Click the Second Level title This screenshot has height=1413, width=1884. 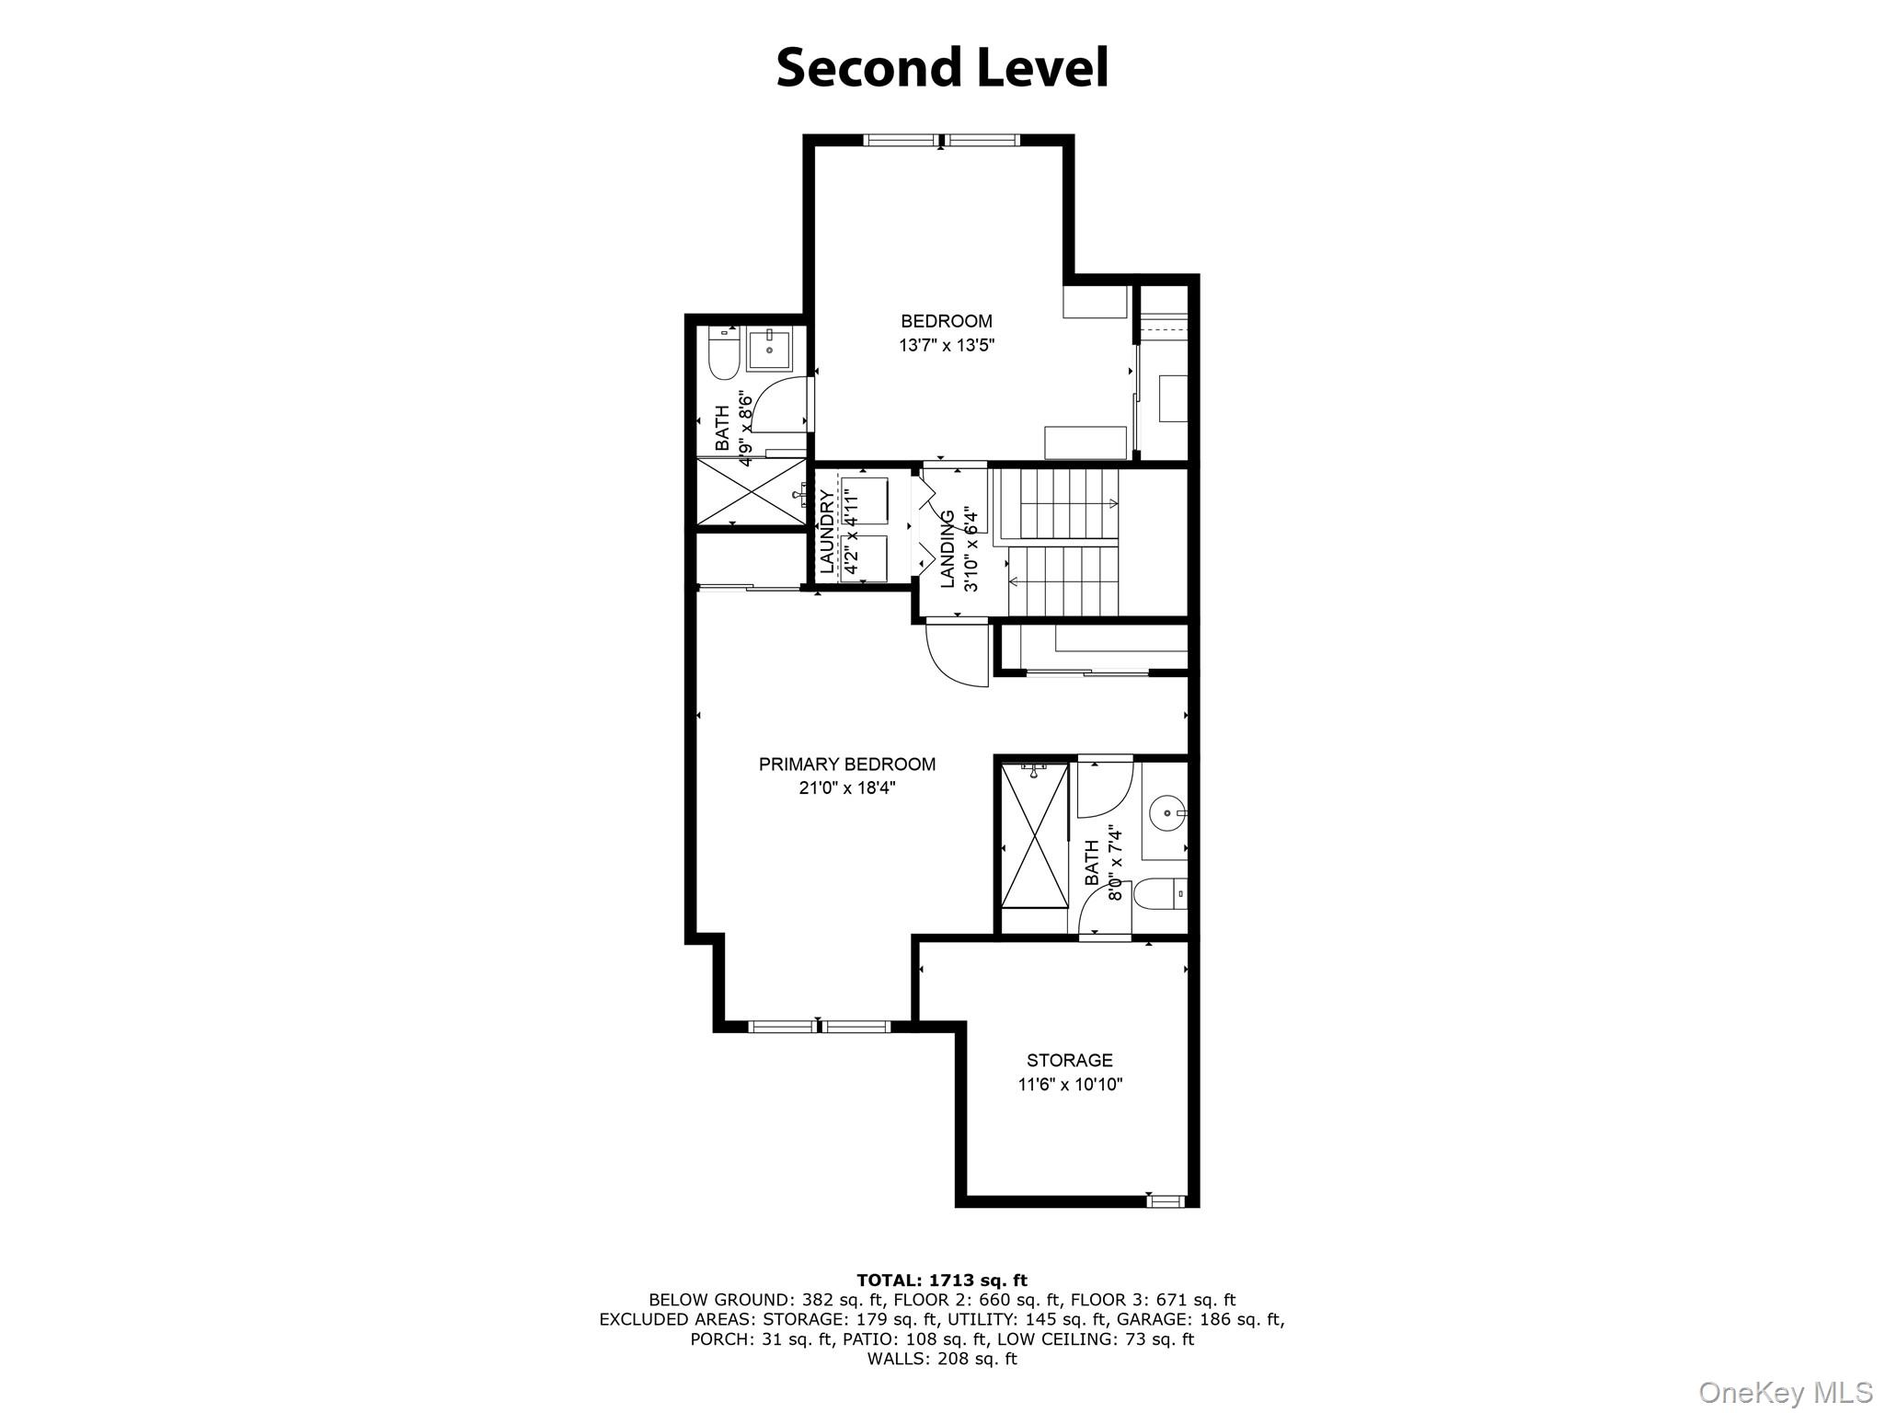pyautogui.click(x=942, y=68)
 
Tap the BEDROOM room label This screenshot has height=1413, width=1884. pyautogui.click(x=947, y=321)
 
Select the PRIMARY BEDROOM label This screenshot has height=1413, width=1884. pyautogui.click(x=846, y=764)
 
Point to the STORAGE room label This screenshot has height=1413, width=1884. pyautogui.click(x=1069, y=1060)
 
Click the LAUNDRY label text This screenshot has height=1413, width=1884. pyautogui.click(x=827, y=532)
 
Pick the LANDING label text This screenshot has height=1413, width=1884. pyautogui.click(x=948, y=549)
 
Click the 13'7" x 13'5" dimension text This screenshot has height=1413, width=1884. pyautogui.click(x=947, y=346)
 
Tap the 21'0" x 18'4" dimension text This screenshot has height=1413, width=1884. pyautogui.click(x=846, y=788)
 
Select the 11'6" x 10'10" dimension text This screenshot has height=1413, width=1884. pyautogui.click(x=1069, y=1085)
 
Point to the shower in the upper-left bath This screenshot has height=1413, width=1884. pyautogui.click(x=752, y=492)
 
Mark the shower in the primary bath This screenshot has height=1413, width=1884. pyautogui.click(x=1034, y=836)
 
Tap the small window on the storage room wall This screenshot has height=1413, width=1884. pyautogui.click(x=1165, y=1200)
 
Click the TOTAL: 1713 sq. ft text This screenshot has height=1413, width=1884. pyautogui.click(x=941, y=1280)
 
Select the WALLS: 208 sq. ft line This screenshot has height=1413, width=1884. pyautogui.click(x=941, y=1359)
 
